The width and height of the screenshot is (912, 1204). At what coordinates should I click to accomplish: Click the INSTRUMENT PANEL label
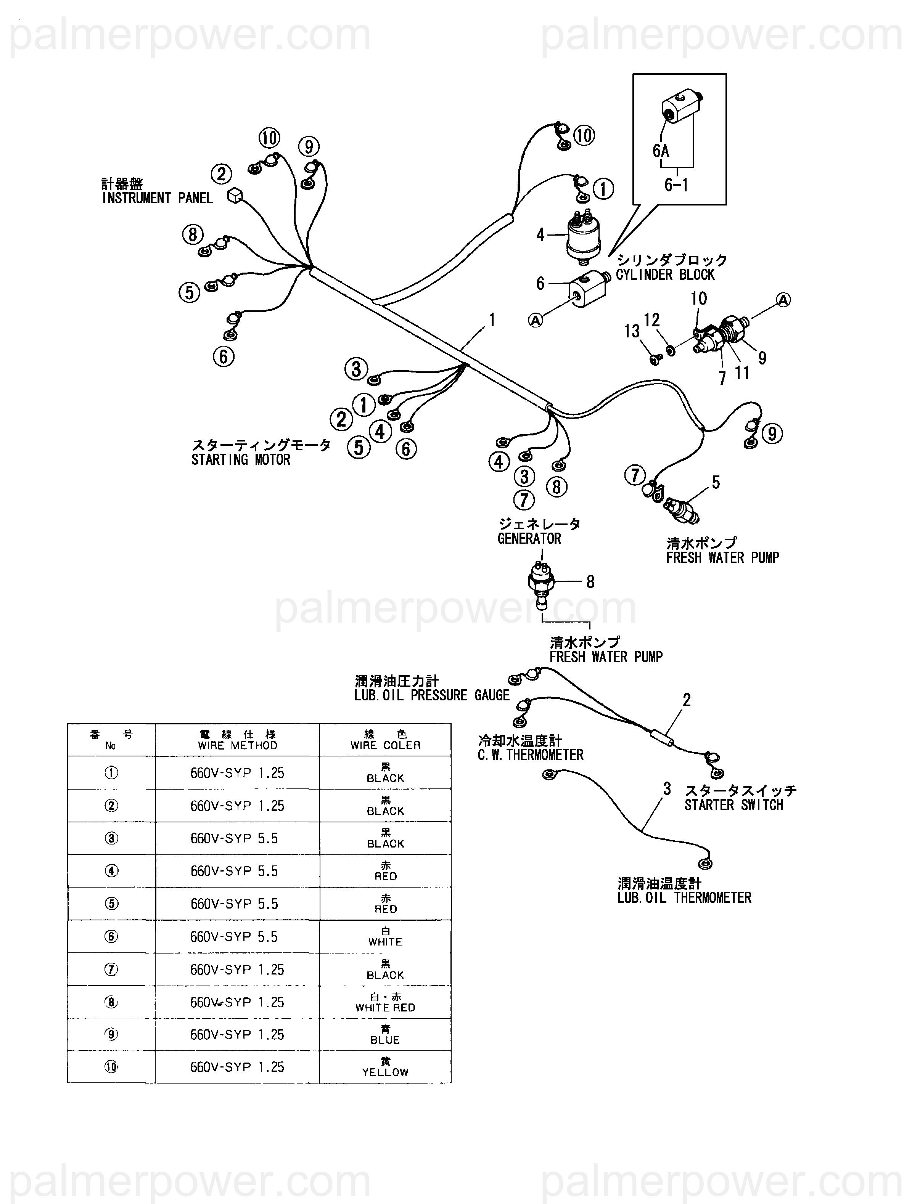click(158, 198)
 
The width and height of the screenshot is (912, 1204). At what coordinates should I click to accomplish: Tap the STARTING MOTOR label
click(241, 460)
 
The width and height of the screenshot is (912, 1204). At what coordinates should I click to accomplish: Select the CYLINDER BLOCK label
click(665, 275)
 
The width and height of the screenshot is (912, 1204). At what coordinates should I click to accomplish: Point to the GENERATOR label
click(529, 538)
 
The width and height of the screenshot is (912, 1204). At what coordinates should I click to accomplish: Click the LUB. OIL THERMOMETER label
click(684, 897)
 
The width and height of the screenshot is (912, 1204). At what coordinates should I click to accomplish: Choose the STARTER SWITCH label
click(733, 805)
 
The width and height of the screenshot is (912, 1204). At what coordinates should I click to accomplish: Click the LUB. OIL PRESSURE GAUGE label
click(432, 695)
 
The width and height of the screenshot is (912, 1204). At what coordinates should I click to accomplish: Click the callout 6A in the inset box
click(661, 151)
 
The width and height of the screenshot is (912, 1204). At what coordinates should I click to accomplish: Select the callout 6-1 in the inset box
click(676, 185)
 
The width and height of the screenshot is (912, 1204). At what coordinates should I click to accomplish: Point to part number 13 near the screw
click(632, 331)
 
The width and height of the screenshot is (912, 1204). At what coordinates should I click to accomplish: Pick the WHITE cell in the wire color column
click(385, 936)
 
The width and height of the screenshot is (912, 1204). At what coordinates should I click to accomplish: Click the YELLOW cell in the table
click(385, 1067)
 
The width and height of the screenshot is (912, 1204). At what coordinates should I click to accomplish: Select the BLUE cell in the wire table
click(385, 1034)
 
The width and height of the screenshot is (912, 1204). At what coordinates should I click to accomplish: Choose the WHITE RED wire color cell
click(385, 1002)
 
